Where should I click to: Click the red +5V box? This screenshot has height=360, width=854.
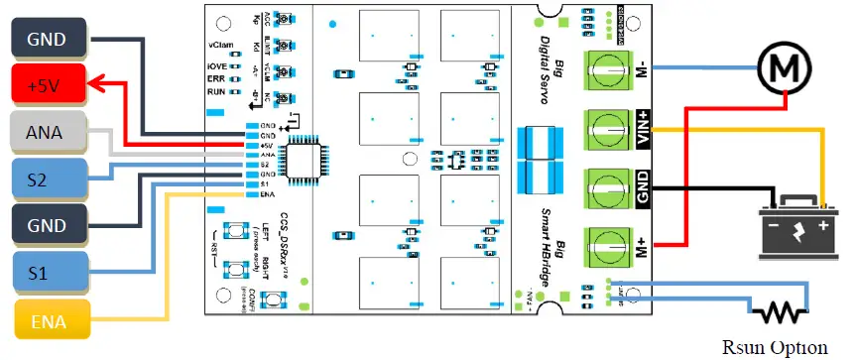click(46, 85)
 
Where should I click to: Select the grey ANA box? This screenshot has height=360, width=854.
click(46, 133)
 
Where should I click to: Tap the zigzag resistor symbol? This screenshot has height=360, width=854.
click(780, 313)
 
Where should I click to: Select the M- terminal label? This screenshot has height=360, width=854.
click(643, 69)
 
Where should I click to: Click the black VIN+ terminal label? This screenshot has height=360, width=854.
click(643, 128)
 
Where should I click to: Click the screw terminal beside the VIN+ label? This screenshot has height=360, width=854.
click(605, 128)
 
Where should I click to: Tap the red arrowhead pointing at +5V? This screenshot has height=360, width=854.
click(95, 85)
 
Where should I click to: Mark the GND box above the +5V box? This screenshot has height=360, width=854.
click(46, 39)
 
